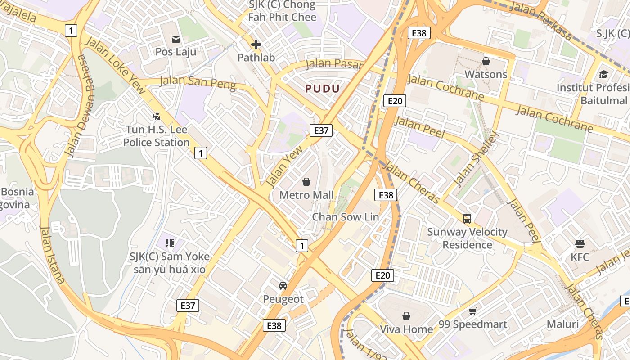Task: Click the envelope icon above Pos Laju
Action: coord(176,39)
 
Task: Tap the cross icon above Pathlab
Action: coord(256,45)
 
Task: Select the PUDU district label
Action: coord(322,88)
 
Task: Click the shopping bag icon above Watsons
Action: coord(486,61)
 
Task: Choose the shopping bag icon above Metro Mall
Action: coord(306,182)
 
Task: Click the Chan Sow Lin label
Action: coord(346,217)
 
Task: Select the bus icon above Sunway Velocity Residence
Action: coord(467,219)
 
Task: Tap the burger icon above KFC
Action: coord(580,244)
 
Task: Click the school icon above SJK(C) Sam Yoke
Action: coord(170,243)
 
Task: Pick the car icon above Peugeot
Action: coord(283,286)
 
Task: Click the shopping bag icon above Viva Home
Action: coord(406,316)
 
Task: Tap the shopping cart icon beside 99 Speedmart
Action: coord(473,311)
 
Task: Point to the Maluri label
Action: coord(562,324)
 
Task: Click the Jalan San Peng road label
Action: coord(198,83)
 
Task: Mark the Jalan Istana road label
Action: coord(53,255)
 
